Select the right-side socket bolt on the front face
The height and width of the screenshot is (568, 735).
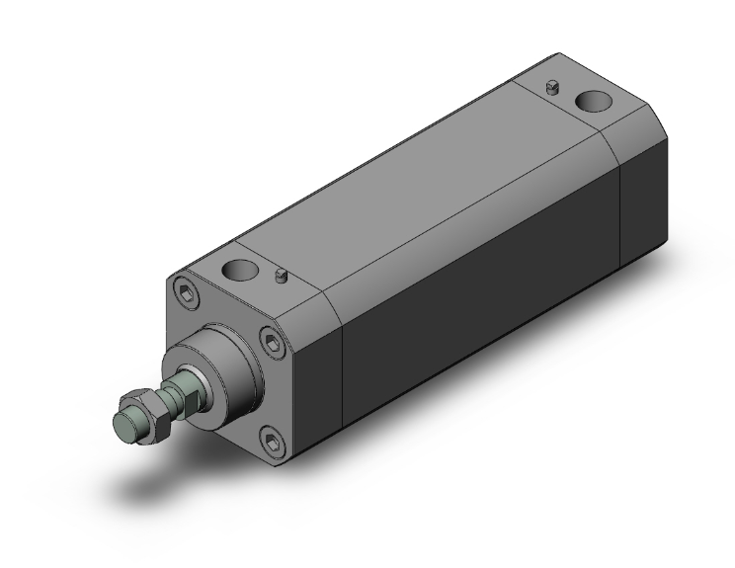[x=276, y=343]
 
